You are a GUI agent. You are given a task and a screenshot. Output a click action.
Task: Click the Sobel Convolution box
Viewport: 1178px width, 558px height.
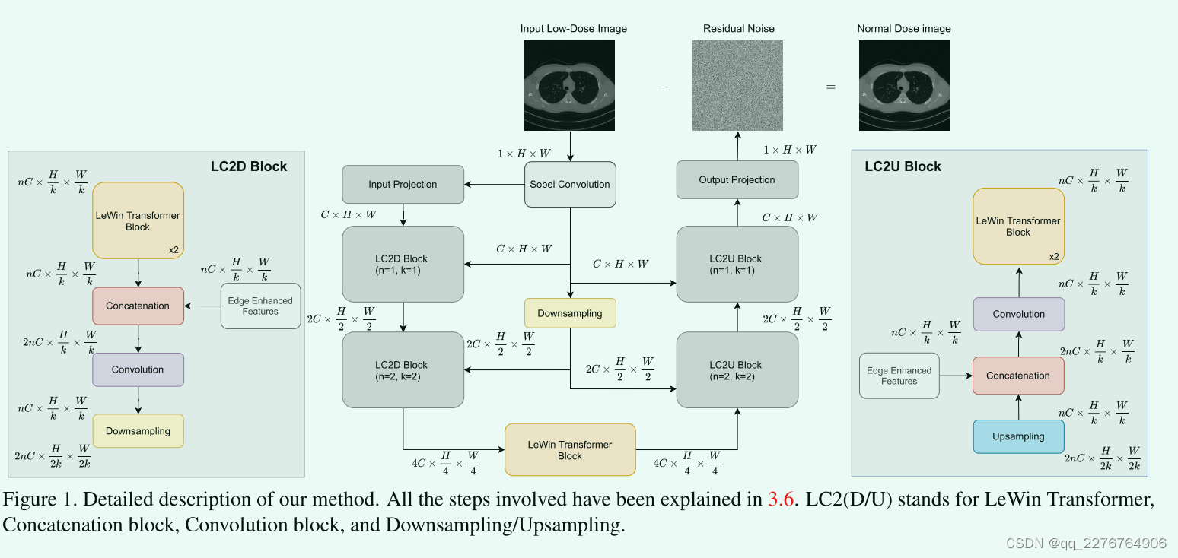point(570,184)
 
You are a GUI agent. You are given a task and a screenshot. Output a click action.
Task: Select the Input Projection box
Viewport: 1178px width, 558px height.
point(403,184)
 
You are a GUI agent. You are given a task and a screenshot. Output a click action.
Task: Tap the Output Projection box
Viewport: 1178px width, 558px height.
point(737,180)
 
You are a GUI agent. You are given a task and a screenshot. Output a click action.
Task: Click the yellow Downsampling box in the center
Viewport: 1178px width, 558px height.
point(570,313)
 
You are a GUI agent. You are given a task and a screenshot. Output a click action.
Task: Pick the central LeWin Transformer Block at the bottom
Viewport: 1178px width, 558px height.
point(570,450)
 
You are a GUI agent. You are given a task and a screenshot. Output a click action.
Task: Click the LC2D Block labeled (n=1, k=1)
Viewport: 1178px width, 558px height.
point(403,264)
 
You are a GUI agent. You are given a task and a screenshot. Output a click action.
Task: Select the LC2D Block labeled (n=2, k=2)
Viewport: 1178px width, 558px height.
point(403,369)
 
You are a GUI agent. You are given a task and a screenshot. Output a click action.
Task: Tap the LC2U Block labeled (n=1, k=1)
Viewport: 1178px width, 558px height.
point(737,264)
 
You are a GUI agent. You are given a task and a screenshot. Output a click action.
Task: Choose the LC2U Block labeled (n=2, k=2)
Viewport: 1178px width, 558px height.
point(737,369)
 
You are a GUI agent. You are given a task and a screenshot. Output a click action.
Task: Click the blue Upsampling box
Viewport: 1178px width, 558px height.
point(1018,436)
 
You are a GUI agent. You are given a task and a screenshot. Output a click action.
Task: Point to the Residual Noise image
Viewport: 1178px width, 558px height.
point(737,85)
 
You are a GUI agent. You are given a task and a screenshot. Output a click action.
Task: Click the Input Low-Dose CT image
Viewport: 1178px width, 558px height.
point(569,85)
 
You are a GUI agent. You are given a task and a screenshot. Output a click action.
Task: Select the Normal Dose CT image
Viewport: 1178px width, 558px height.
point(904,85)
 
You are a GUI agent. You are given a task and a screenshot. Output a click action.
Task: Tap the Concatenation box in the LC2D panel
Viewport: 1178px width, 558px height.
point(138,306)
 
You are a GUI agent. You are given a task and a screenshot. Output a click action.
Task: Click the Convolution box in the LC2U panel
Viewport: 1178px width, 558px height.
point(1018,314)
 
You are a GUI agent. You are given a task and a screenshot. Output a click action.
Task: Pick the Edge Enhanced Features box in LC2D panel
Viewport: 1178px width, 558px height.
point(260,306)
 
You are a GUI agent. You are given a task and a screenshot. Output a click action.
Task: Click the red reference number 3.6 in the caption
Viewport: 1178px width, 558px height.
point(782,499)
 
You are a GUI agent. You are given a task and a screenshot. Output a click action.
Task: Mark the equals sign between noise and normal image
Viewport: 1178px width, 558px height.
point(830,87)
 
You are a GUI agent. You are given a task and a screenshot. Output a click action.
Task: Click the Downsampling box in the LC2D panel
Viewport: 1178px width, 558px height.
point(138,431)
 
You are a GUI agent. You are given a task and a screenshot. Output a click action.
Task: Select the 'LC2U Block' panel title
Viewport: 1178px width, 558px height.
point(903,166)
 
